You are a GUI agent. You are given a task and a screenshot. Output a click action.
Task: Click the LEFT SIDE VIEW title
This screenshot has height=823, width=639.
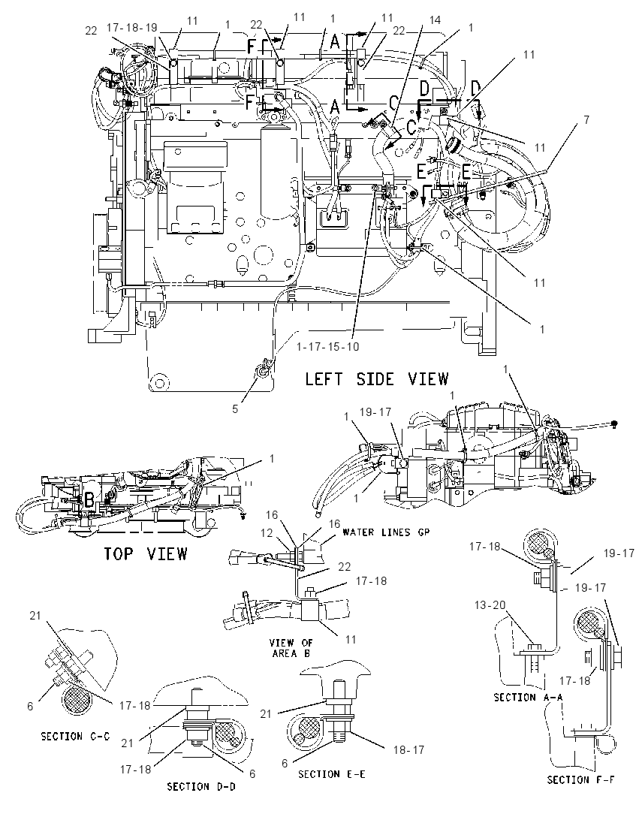point(377,378)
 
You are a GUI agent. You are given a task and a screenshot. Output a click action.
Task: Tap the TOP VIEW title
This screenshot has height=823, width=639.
point(145,553)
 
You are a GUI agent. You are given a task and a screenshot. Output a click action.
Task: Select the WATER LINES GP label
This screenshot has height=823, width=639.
point(386,532)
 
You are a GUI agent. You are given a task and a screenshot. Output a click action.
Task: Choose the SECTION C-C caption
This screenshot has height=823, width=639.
point(76,737)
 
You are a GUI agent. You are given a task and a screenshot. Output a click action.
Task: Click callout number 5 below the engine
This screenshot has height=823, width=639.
point(235,408)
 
